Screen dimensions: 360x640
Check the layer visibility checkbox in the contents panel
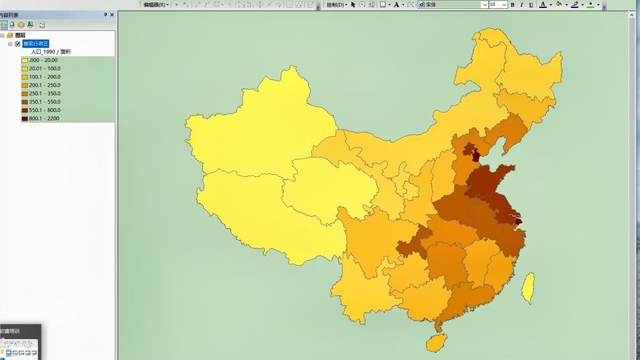tap(18, 44)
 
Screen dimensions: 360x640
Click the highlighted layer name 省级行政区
tap(36, 44)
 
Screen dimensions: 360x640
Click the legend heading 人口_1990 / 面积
tap(50, 52)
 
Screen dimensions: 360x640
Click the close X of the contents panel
tap(112, 14)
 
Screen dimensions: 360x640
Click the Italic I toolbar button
tap(521, 4)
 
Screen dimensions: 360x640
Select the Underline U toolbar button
tap(530, 4)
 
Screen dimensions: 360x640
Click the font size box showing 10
tap(497, 4)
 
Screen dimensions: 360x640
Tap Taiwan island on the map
tap(528, 288)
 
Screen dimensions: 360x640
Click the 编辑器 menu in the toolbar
tap(156, 4)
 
